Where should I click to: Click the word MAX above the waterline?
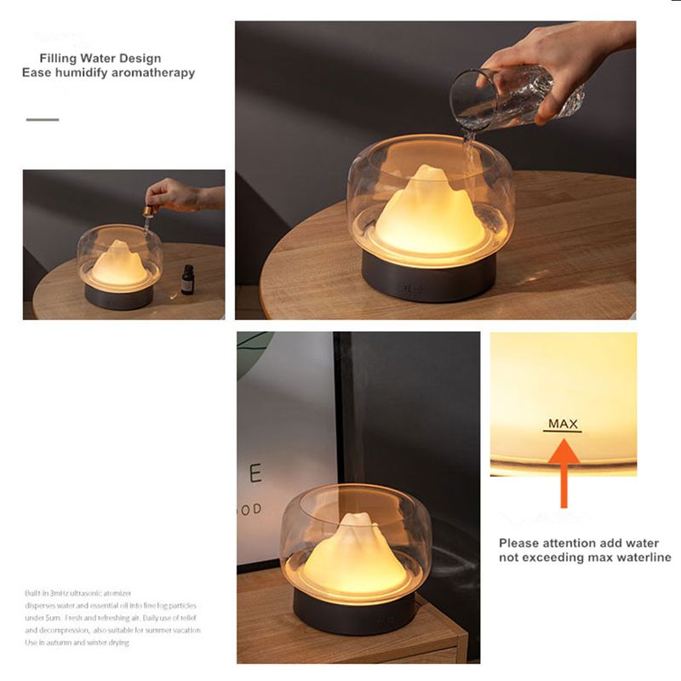[x=563, y=423]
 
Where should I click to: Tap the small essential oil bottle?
[x=187, y=279]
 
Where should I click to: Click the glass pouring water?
[x=511, y=98]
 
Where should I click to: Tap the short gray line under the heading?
[x=43, y=120]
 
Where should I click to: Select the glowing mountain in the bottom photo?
[x=353, y=557]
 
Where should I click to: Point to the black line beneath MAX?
[x=563, y=432]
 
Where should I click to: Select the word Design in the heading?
[x=137, y=59]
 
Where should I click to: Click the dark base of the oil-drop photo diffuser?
[x=118, y=296]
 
